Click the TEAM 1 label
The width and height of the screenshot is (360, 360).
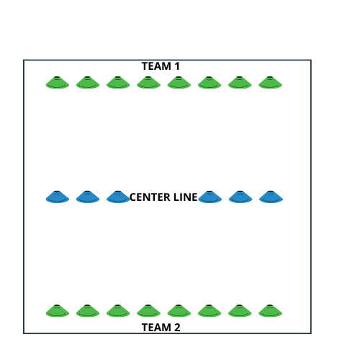pyautogui.click(x=161, y=66)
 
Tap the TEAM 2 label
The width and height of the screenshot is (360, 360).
pyautogui.click(x=161, y=327)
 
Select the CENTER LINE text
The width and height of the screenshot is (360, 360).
pyautogui.click(x=163, y=197)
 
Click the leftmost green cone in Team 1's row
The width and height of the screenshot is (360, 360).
pyautogui.click(x=58, y=83)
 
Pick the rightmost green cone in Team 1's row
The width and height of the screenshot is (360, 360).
pyautogui.click(x=271, y=83)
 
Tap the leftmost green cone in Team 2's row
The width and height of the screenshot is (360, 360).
pyautogui.click(x=58, y=311)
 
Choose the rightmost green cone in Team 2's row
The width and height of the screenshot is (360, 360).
pyautogui.click(x=271, y=311)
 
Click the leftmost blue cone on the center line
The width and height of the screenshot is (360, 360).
pyautogui.click(x=58, y=197)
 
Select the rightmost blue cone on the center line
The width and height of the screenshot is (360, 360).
pyautogui.click(x=271, y=197)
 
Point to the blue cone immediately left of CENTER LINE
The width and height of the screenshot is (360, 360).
pyautogui.click(x=117, y=197)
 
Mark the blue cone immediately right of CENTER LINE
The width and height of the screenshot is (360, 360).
pyautogui.click(x=210, y=197)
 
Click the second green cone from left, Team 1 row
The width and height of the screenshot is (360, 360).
pyautogui.click(x=88, y=83)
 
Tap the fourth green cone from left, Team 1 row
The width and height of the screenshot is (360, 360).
pyautogui.click(x=148, y=83)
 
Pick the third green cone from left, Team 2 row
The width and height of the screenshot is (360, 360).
pyautogui.click(x=118, y=311)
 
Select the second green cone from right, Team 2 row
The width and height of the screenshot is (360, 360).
pyautogui.click(x=240, y=311)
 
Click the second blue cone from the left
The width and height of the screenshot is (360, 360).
pyautogui.click(x=88, y=197)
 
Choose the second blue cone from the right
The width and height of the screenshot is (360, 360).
pyautogui.click(x=240, y=197)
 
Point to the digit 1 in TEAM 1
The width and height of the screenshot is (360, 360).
pyautogui.click(x=176, y=66)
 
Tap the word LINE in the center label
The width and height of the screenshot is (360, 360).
pyautogui.click(x=185, y=197)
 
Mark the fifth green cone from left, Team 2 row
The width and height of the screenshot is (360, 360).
pyautogui.click(x=179, y=311)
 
